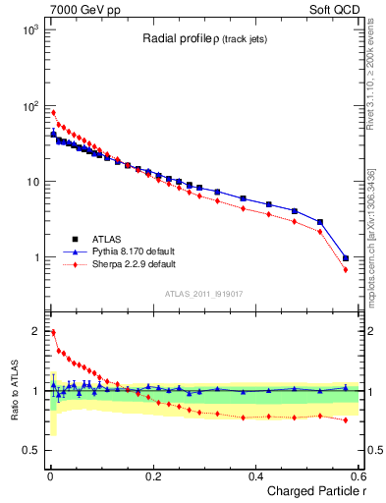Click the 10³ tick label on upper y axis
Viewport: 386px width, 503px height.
[31, 30]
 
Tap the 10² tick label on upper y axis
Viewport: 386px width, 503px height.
[31, 106]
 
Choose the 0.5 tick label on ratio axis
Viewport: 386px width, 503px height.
[29, 450]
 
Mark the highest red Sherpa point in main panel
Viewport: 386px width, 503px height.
[53, 113]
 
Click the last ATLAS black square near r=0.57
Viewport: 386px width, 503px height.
[346, 258]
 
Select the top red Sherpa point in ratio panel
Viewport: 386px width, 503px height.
[53, 332]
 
